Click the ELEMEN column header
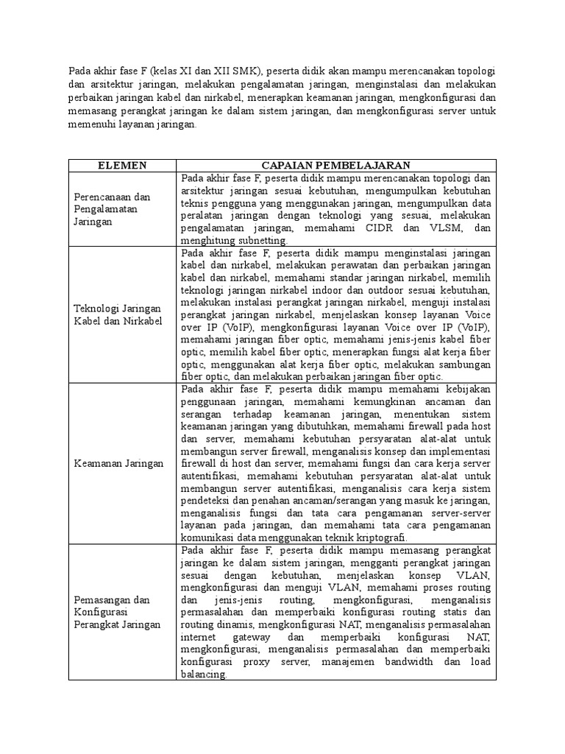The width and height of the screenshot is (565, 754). click(x=122, y=166)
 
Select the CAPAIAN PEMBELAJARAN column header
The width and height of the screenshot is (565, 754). click(x=336, y=166)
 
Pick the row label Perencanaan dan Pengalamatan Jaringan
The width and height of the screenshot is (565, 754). click(x=112, y=209)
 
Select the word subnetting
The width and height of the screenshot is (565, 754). click(x=264, y=240)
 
